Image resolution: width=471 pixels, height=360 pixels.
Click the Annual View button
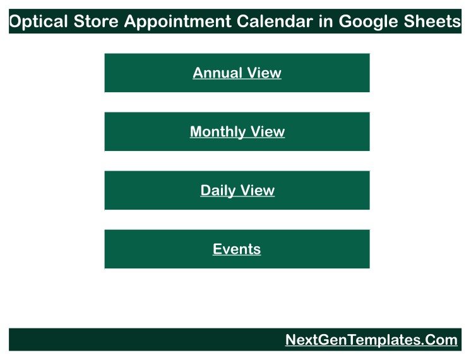click(237, 73)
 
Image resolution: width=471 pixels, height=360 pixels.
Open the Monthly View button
click(237, 131)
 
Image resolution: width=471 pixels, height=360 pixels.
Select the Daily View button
click(237, 190)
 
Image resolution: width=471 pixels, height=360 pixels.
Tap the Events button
click(237, 249)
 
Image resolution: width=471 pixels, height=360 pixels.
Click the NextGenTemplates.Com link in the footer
click(371, 340)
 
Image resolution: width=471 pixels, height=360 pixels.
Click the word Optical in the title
click(39, 21)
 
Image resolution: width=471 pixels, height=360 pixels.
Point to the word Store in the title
click(96, 21)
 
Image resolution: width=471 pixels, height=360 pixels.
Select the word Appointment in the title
click(177, 21)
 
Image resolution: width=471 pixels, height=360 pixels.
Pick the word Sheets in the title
click(432, 21)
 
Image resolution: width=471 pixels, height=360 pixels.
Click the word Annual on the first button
click(217, 73)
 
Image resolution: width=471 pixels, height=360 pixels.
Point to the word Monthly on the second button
click(218, 132)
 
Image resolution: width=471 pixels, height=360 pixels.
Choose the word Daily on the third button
click(218, 191)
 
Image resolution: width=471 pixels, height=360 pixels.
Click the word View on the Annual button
click(265, 73)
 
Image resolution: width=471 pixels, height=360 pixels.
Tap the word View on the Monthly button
click(268, 131)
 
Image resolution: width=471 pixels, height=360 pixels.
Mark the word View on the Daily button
click(258, 190)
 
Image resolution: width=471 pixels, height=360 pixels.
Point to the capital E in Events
click(217, 249)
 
